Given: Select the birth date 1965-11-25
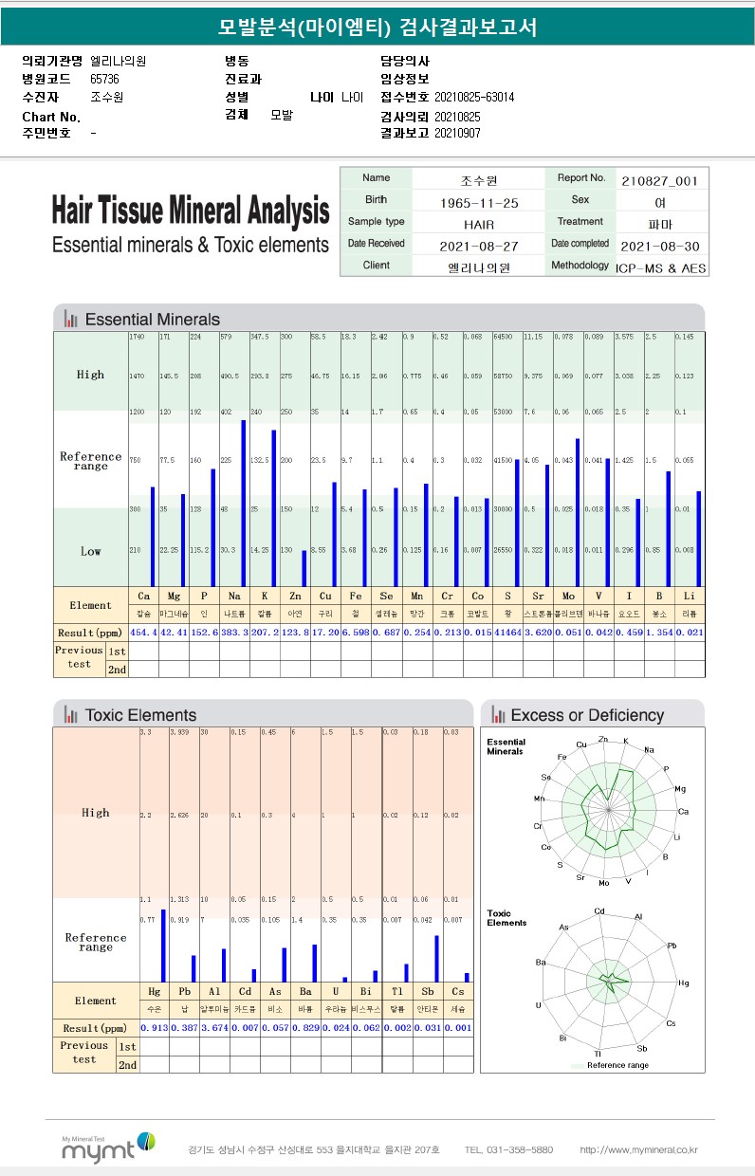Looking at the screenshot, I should (479, 202).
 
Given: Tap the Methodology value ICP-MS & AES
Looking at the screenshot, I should (660, 268).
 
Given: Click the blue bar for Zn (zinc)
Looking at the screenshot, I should (304, 567).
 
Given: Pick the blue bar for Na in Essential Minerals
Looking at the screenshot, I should (244, 503).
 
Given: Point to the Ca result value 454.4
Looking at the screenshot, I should (143, 633).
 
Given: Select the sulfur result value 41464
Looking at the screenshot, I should (506, 633).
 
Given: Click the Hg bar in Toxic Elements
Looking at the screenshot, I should (163, 946).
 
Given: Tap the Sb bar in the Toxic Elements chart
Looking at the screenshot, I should (436, 958).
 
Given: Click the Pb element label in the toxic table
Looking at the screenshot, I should (184, 992).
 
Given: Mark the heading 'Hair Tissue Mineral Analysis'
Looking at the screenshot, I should (191, 210).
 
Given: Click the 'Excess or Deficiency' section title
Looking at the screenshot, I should (587, 715).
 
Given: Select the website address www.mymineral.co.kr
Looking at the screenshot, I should (638, 1150).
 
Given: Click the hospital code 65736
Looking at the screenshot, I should (104, 79).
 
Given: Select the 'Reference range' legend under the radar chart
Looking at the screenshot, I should (617, 1065).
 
